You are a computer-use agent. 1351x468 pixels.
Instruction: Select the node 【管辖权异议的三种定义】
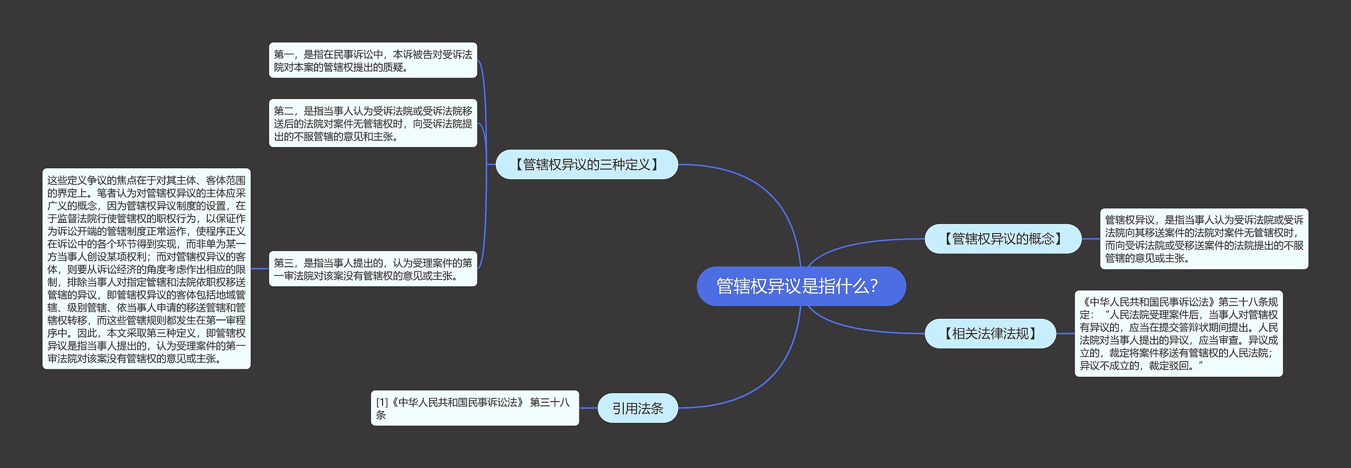(586, 164)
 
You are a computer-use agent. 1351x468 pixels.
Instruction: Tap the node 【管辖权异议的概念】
(1003, 239)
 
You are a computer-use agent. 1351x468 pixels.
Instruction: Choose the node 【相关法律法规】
(990, 334)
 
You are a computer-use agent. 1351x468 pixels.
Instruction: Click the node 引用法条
(638, 408)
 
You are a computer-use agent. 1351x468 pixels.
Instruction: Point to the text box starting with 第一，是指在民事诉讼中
(373, 61)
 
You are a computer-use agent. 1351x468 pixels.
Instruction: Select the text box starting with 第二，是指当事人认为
(373, 123)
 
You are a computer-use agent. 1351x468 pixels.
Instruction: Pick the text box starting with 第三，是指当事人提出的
(373, 269)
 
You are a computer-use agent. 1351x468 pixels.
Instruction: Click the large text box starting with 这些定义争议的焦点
(146, 269)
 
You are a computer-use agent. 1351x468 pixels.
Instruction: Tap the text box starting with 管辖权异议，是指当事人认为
(1204, 239)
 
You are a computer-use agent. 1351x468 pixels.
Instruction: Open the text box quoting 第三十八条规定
(1178, 334)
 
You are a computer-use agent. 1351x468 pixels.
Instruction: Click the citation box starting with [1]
(474, 408)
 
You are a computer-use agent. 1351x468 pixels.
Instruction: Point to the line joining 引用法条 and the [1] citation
(588, 407)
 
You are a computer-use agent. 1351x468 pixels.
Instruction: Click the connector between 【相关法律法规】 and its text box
(1065, 334)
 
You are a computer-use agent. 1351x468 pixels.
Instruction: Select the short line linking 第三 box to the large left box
(260, 269)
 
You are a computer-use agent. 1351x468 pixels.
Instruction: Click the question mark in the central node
(874, 286)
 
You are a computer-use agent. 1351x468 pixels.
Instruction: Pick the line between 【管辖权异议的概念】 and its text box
(1090, 239)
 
